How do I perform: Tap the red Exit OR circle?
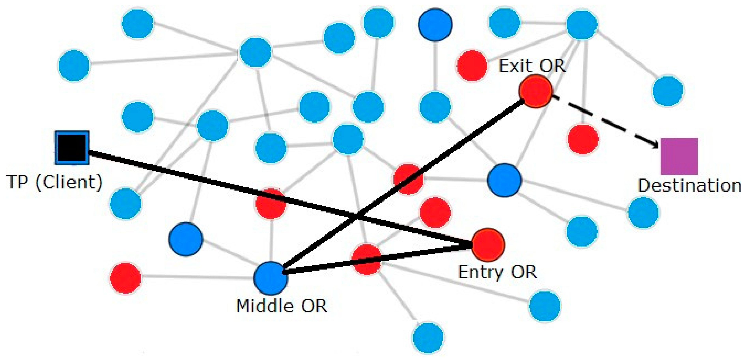click(x=535, y=91)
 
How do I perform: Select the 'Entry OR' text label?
click(x=497, y=272)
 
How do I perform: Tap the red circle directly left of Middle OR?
click(x=125, y=278)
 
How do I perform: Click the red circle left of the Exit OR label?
click(x=472, y=65)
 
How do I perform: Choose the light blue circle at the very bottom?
click(x=428, y=337)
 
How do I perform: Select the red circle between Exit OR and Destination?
click(x=583, y=139)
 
